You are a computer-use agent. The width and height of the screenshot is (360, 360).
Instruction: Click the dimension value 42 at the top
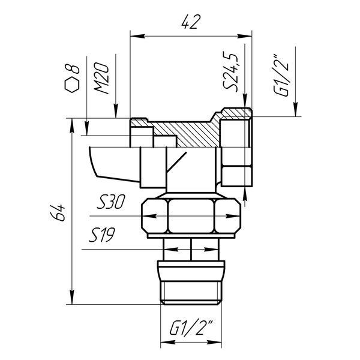tap(190, 22)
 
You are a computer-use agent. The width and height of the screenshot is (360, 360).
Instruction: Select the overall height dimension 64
tap(58, 212)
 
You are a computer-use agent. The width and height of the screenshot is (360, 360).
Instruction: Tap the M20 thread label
tap(101, 78)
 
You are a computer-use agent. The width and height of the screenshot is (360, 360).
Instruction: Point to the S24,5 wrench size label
tap(230, 71)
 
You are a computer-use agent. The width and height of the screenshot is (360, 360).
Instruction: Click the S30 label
tap(110, 202)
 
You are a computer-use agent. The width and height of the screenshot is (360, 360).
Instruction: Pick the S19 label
tap(102, 235)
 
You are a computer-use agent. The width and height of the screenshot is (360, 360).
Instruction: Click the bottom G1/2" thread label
tap(191, 328)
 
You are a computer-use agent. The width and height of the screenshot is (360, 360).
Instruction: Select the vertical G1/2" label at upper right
tap(281, 76)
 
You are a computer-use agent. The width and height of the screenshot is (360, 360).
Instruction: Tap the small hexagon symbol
tap(72, 85)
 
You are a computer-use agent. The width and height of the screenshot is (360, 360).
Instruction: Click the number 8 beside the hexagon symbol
tap(73, 68)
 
